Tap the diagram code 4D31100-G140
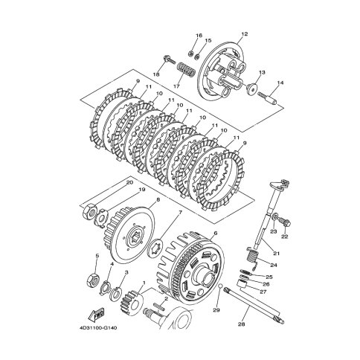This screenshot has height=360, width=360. tap(98, 328)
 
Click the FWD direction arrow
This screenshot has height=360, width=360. tap(97, 314)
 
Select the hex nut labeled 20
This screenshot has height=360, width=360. tap(89, 210)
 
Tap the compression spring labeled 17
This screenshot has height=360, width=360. tap(186, 71)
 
